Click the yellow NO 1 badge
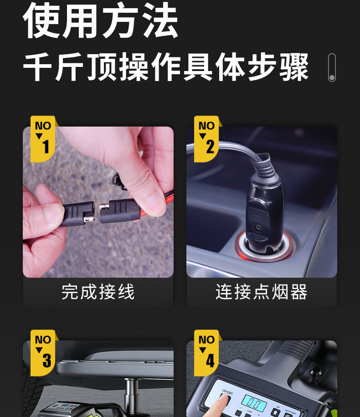43,139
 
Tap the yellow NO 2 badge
206,139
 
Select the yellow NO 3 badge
43,353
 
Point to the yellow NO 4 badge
206,353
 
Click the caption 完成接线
98,292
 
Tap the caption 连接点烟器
262,292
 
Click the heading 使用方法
101,20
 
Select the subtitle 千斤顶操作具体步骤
166,67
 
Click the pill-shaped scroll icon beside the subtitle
332,67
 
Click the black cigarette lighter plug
263,213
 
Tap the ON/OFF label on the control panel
227,392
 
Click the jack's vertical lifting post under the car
132,392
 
